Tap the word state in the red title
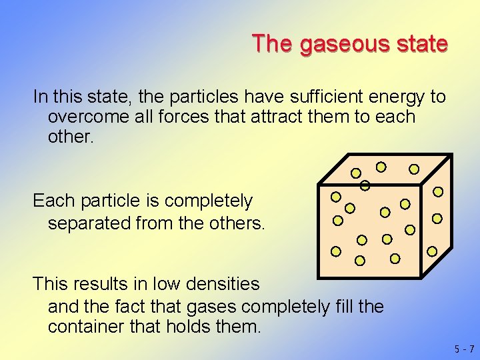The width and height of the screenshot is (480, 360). (419, 44)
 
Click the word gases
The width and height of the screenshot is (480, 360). (211, 307)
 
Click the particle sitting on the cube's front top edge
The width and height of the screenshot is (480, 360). (365, 185)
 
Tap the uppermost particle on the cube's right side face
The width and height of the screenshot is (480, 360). (438, 191)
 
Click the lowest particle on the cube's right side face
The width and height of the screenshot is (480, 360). (432, 251)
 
